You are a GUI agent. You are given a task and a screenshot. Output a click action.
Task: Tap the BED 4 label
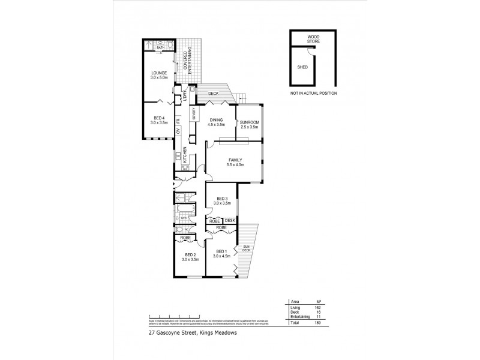click(159, 118)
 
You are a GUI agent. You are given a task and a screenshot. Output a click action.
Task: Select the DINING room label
click(216, 120)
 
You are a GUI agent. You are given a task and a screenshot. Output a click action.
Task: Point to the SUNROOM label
click(248, 124)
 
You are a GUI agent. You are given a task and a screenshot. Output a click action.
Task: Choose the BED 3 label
click(222, 199)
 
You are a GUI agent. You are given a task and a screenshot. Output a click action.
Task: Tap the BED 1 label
click(221, 251)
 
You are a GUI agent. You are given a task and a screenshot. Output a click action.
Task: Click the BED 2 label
click(191, 255)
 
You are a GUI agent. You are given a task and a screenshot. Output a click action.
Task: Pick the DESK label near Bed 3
click(229, 221)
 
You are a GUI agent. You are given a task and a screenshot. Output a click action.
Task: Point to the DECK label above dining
click(214, 93)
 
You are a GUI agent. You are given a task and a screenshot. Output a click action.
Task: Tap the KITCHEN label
click(185, 155)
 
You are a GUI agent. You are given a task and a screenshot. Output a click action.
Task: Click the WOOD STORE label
click(313, 39)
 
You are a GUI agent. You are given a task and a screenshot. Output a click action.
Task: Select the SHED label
click(302, 67)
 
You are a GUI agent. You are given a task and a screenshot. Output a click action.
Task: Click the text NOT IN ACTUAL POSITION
click(313, 94)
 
